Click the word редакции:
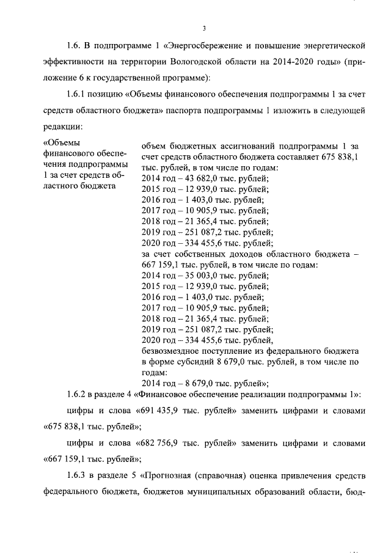click(x=62, y=126)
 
